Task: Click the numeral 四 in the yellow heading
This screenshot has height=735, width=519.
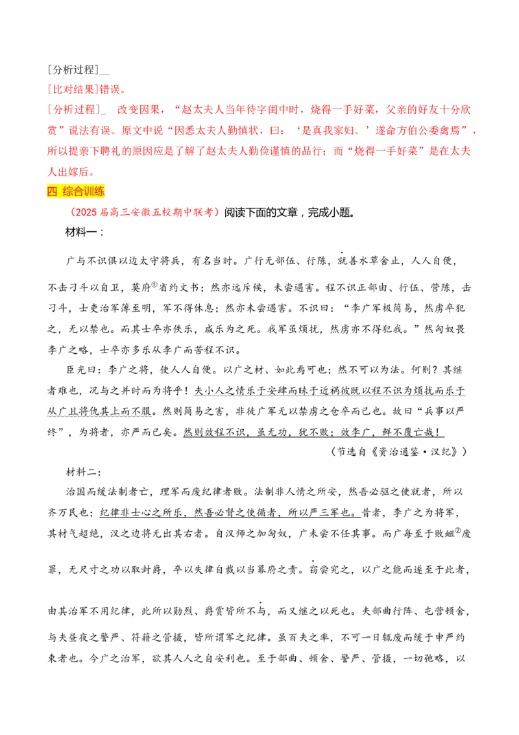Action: point(53,192)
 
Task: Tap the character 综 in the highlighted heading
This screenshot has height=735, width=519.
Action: point(68,192)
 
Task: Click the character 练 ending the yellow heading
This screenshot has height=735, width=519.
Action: point(101,192)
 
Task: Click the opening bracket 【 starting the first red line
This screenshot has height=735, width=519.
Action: point(49,90)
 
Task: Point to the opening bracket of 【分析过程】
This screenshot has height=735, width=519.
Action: point(49,110)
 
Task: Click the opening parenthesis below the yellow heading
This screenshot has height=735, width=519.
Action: point(72,212)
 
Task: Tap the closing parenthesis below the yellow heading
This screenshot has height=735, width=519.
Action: point(219,212)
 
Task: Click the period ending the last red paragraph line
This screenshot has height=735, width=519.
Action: point(91,173)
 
